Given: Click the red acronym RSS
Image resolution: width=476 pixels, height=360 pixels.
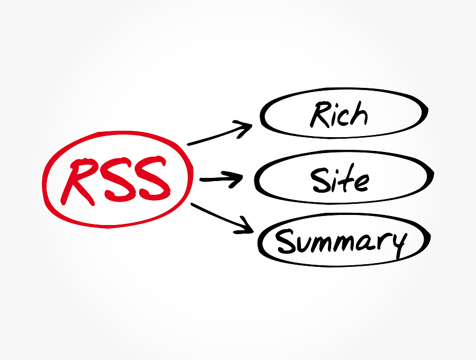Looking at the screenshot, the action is (x=115, y=181).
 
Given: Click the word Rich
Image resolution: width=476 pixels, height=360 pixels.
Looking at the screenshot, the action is (x=339, y=114).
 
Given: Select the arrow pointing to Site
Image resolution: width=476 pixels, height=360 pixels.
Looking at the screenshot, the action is (x=221, y=179).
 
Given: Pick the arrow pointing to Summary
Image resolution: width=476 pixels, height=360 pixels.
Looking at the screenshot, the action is (x=222, y=218).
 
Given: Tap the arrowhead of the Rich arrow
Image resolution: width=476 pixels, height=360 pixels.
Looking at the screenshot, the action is (x=244, y=129).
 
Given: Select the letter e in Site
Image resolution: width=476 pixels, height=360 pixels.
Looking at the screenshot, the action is (x=362, y=183).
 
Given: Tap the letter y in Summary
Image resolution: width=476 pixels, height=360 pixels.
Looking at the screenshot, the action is (x=398, y=245).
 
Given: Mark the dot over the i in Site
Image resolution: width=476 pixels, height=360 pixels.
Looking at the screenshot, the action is (x=335, y=171).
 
